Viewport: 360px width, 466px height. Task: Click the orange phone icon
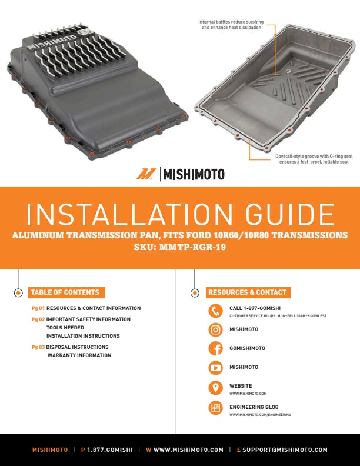pyautogui.click(x=215, y=311)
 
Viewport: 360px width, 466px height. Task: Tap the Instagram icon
pyautogui.click(x=215, y=329)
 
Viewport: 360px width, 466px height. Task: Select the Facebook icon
pyautogui.click(x=215, y=348)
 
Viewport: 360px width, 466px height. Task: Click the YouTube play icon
pyautogui.click(x=215, y=368)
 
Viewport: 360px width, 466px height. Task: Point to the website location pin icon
pyautogui.click(x=215, y=388)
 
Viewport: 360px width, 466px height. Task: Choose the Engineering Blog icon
pyautogui.click(x=215, y=408)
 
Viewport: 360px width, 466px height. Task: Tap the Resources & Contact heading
pyautogui.click(x=248, y=292)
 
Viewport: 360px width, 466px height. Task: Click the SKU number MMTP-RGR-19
pyautogui.click(x=192, y=247)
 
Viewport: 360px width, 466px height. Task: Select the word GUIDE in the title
pyautogui.click(x=290, y=214)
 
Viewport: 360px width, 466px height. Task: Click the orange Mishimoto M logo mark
pyautogui.click(x=146, y=174)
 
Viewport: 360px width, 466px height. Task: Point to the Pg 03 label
pyautogui.click(x=38, y=347)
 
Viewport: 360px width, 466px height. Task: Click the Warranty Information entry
pyautogui.click(x=79, y=355)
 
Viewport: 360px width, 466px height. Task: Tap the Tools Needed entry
pyautogui.click(x=65, y=328)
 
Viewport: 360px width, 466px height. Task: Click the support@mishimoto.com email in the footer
pyautogui.click(x=285, y=450)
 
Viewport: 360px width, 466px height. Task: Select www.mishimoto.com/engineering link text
pyautogui.click(x=260, y=415)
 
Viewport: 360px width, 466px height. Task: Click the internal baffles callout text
pyautogui.click(x=231, y=25)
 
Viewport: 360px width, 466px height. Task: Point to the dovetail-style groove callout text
pyautogui.click(x=314, y=159)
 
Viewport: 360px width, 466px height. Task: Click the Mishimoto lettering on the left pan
pyautogui.click(x=52, y=42)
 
